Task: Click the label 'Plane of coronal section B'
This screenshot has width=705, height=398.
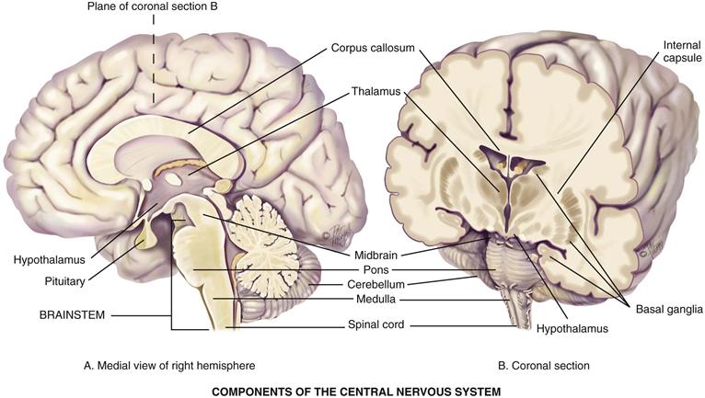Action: [153, 7]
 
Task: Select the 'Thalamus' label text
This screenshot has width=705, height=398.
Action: [376, 92]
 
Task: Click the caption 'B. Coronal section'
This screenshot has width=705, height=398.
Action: [544, 366]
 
